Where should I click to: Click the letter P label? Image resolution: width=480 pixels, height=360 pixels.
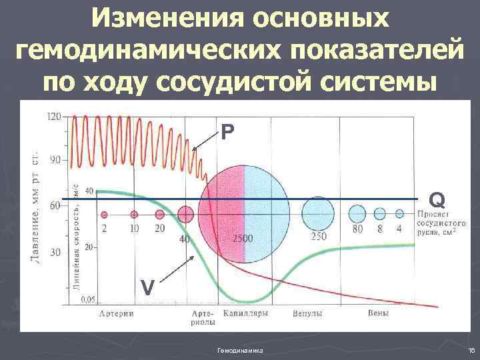tap(228, 133)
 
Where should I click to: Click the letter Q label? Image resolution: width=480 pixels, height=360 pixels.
tap(437, 199)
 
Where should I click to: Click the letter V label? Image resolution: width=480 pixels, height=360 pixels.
tap(147, 287)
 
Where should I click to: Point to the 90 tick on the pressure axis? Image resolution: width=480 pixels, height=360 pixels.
tap(55, 160)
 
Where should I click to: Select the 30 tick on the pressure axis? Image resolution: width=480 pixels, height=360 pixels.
tap(55, 252)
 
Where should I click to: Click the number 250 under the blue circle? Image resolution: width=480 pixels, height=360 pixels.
tap(317, 237)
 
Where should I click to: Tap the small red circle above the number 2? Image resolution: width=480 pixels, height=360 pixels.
tap(104, 215)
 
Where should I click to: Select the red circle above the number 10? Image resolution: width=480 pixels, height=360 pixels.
tap(134, 215)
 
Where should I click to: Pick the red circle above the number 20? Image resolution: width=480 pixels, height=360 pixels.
tap(159, 215)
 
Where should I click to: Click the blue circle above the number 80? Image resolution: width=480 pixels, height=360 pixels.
tap(357, 214)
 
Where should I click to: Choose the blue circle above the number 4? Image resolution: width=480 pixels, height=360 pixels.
tap(399, 214)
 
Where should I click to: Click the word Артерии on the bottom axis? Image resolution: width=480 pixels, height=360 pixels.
tap(113, 313)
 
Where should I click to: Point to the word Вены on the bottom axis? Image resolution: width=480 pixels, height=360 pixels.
tap(378, 313)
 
